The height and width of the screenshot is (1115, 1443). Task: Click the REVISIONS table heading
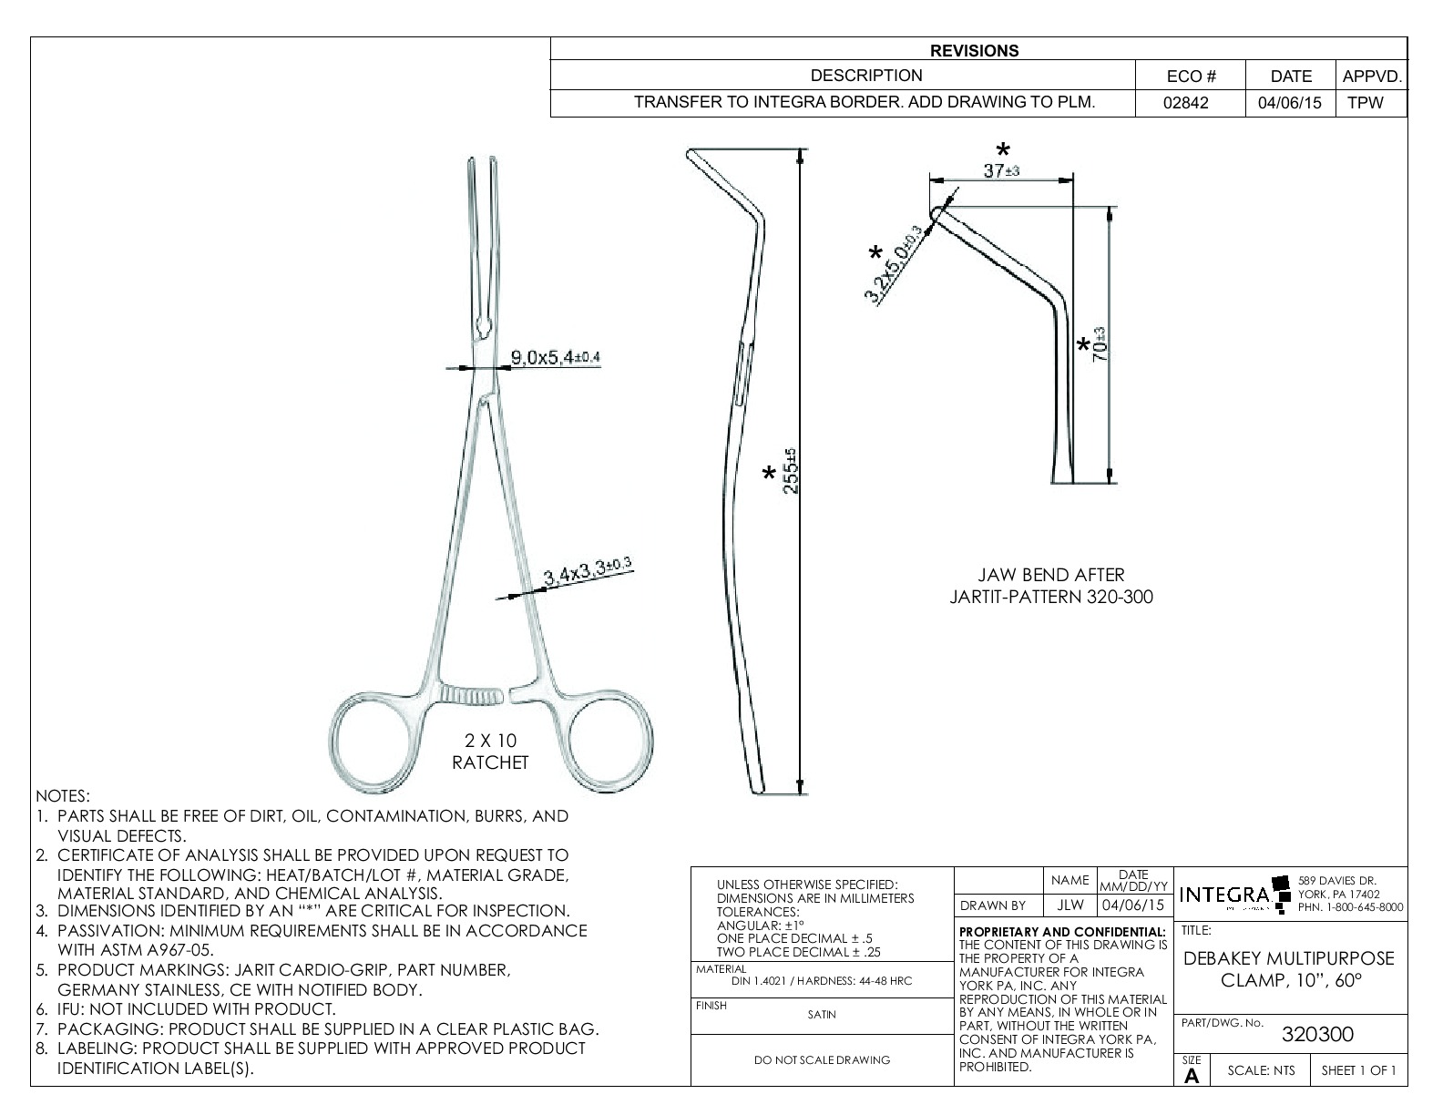(x=974, y=51)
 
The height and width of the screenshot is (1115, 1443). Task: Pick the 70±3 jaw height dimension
(x=1099, y=344)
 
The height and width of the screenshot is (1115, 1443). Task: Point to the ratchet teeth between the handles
(x=471, y=697)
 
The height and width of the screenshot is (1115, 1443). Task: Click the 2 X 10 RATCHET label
(x=490, y=752)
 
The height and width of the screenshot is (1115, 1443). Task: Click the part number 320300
(x=1317, y=1034)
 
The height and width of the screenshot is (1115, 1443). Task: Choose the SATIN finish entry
(x=822, y=1014)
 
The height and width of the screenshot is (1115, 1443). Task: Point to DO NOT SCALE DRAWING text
(x=822, y=1059)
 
